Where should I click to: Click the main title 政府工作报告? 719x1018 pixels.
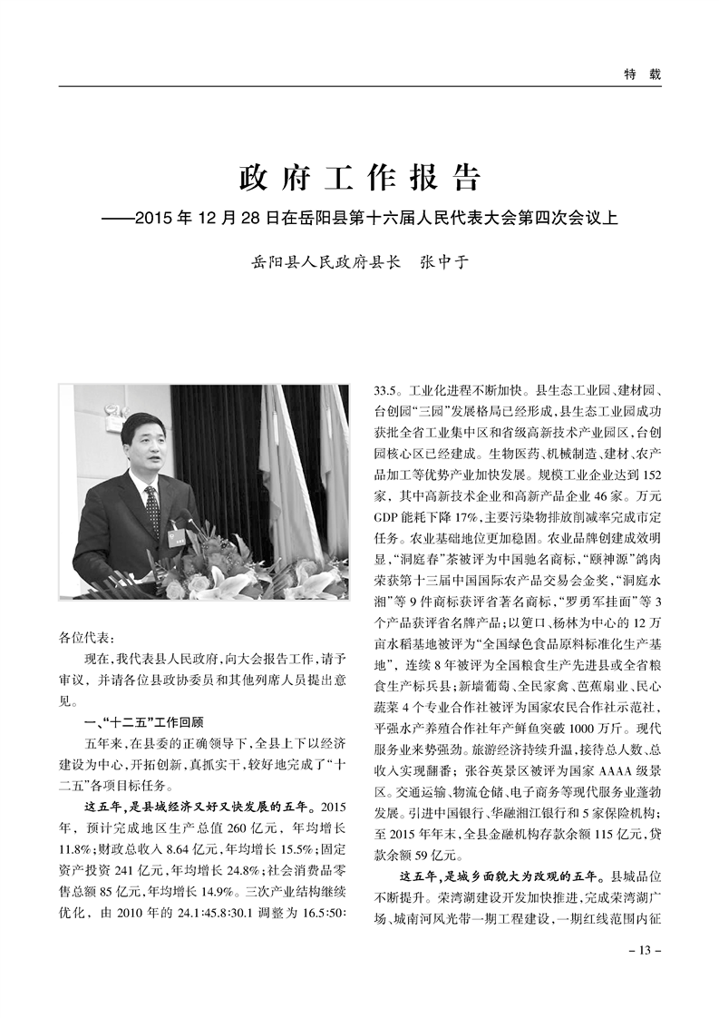click(359, 178)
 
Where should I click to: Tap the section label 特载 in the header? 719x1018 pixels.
click(642, 73)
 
